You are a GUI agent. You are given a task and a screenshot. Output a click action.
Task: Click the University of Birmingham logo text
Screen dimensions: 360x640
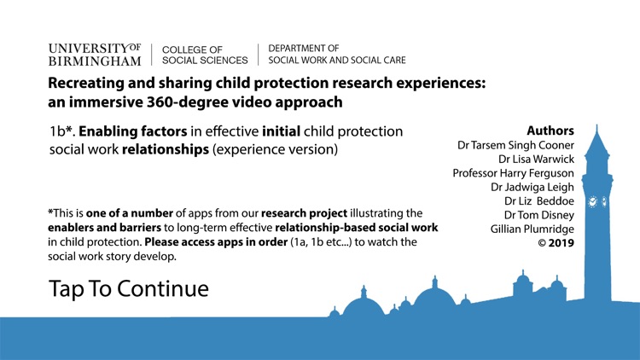[x=95, y=54]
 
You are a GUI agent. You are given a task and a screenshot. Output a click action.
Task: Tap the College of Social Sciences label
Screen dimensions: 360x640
[x=205, y=55]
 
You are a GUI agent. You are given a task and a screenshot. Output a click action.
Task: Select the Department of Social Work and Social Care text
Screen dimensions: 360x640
[x=337, y=55]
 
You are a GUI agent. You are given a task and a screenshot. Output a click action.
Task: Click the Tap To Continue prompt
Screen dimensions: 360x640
[x=129, y=288]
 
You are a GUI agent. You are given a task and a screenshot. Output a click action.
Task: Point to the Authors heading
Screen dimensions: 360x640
[x=550, y=131]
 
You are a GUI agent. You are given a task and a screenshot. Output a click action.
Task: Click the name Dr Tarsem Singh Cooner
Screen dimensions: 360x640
[x=516, y=145]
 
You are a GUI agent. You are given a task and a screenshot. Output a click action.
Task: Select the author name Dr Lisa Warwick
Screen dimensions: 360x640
[x=536, y=159]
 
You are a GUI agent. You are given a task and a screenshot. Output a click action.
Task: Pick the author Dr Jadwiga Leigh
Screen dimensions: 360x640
[x=532, y=187]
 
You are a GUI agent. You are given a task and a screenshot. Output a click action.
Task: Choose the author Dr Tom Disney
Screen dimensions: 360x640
[x=538, y=215]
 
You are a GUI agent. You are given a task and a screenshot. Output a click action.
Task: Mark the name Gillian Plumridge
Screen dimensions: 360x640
[x=532, y=229]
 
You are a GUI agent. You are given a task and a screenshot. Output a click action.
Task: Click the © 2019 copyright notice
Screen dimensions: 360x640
[x=550, y=243]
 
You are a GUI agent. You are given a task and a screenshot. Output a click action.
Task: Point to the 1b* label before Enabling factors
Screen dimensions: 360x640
[x=61, y=131]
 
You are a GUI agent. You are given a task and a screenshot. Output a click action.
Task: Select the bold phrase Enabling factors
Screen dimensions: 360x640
[x=131, y=131]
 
